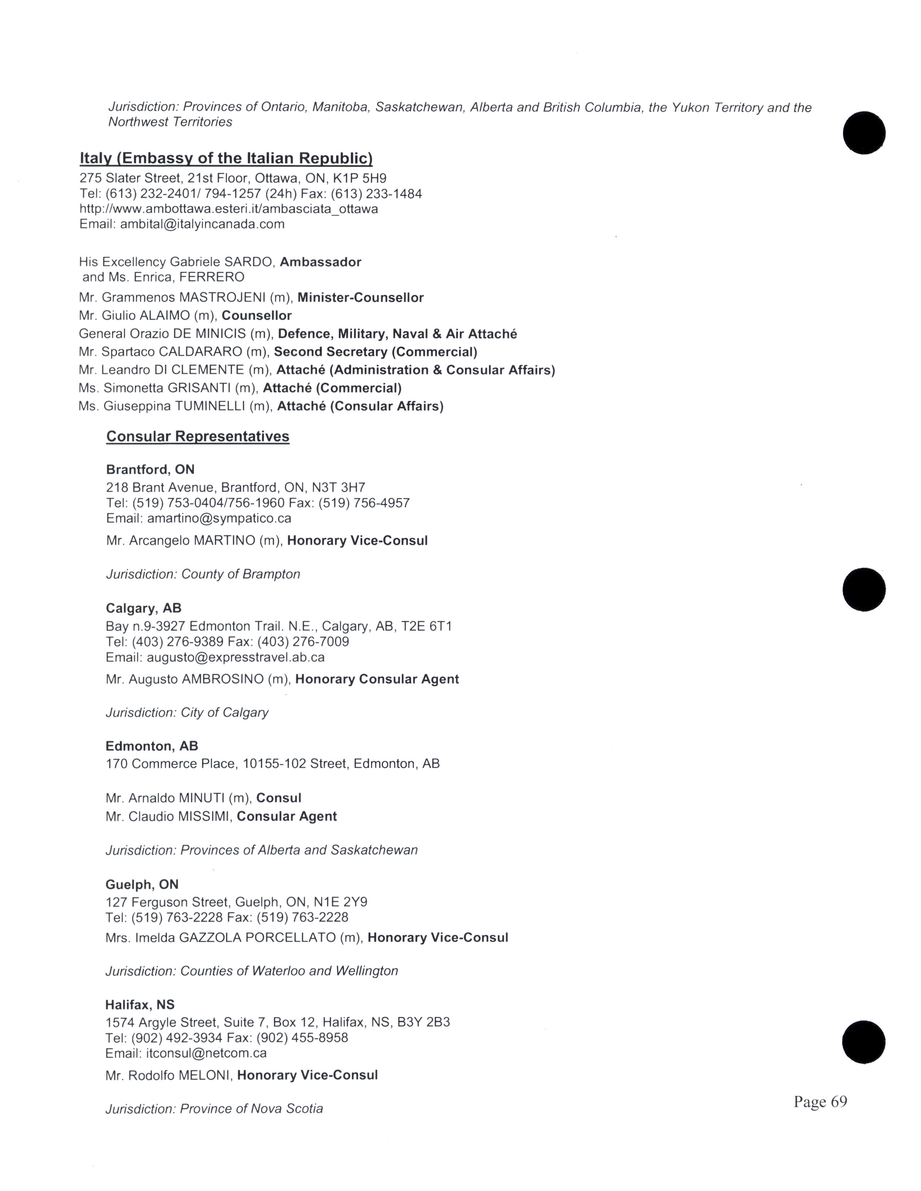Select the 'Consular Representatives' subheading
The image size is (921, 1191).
[198, 436]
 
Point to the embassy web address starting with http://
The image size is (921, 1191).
[229, 209]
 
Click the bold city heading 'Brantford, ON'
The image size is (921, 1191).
[150, 470]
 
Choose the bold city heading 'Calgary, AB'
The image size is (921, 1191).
[143, 608]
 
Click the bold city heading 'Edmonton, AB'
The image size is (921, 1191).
[152, 746]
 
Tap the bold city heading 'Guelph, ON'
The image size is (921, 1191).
[142, 885]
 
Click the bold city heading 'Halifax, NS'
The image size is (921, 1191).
[140, 1004]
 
